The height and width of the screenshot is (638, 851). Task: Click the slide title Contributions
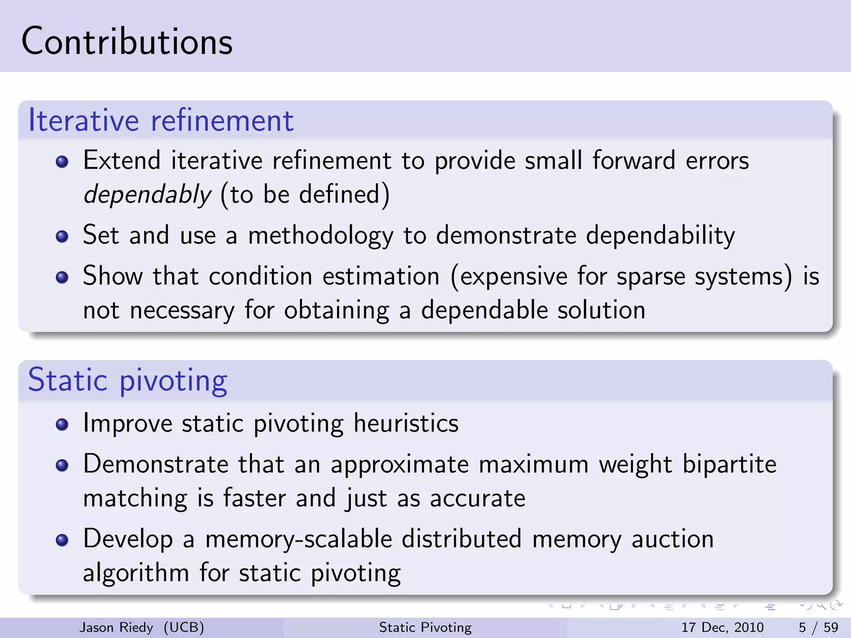[x=127, y=42]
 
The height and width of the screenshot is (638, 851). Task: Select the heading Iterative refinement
[x=161, y=120]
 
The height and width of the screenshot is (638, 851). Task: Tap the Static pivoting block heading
[x=128, y=380]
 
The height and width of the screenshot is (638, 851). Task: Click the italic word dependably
[x=148, y=194]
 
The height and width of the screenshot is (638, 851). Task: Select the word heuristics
[x=406, y=423]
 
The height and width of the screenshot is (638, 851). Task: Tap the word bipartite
[x=729, y=464]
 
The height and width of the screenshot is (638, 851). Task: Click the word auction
[x=672, y=539]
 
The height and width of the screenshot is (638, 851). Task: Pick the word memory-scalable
[x=299, y=539]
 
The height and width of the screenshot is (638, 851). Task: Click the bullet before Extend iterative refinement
[x=62, y=162]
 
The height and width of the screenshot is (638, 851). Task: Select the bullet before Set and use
[x=62, y=236]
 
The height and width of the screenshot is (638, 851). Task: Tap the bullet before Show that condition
[x=62, y=277]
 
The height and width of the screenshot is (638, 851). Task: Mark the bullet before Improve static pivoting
[x=62, y=424]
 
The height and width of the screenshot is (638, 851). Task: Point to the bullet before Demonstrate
[x=62, y=465]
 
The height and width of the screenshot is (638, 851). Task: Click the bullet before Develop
[x=62, y=540]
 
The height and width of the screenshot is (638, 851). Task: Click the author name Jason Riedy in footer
[x=116, y=627]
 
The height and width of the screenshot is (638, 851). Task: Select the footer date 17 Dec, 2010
[x=722, y=627]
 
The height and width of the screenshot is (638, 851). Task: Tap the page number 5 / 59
[x=818, y=627]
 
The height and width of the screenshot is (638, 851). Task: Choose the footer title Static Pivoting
[x=425, y=627]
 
